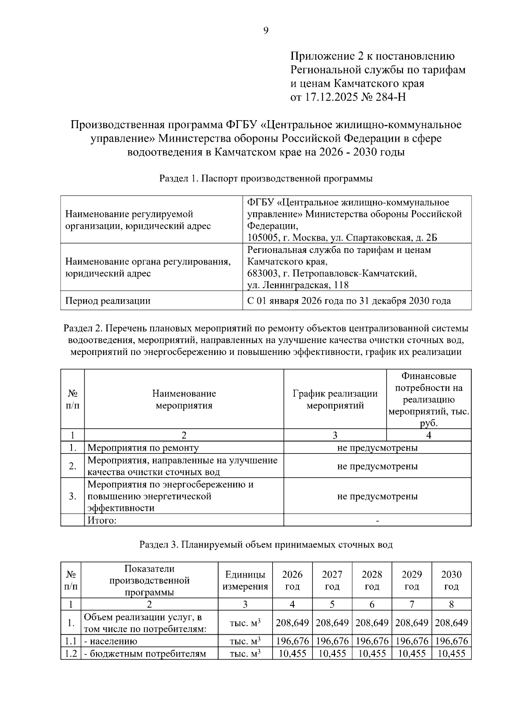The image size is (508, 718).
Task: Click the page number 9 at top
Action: click(266, 30)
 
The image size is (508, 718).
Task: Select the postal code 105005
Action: click(260, 237)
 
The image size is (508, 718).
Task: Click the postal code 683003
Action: click(260, 273)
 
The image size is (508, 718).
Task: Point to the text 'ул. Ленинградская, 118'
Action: click(298, 285)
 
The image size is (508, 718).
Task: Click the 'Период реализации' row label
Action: click(108, 301)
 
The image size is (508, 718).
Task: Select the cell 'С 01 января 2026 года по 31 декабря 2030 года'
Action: click(349, 301)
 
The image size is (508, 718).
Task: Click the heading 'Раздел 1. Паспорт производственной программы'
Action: click(266, 179)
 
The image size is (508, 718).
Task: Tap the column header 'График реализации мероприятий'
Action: click(335, 399)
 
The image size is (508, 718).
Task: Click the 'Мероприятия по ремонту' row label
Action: click(143, 448)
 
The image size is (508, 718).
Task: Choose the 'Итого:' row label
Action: click(102, 520)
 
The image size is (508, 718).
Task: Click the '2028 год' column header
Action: click(372, 580)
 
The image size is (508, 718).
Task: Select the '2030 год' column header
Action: click(451, 580)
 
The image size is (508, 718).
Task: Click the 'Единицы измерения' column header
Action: click(245, 580)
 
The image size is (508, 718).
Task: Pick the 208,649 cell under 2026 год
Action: click(292, 623)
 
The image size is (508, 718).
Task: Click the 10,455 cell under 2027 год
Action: click(332, 654)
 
